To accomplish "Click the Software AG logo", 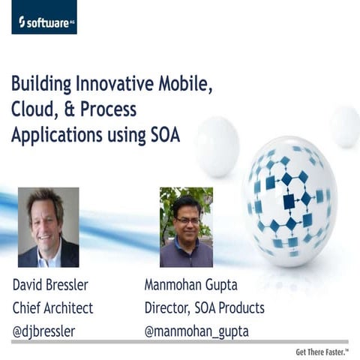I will click(x=44, y=17).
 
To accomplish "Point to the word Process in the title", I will click(x=106, y=109).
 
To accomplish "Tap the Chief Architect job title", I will click(x=52, y=307).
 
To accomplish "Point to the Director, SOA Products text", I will click(x=204, y=307).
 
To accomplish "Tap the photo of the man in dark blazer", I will click(x=48, y=227).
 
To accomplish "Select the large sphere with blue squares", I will click(x=289, y=197).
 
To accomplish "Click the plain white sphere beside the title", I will click(x=217, y=145).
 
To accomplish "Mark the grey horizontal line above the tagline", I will click(x=180, y=342).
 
